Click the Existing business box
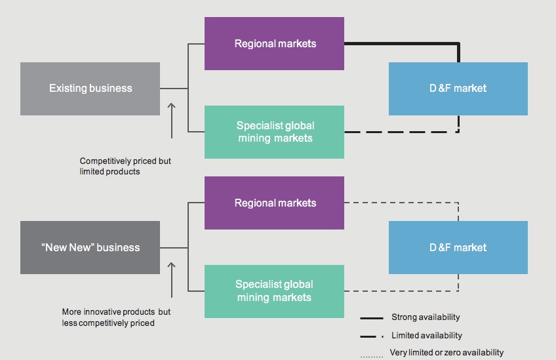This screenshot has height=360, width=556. pyautogui.click(x=90, y=89)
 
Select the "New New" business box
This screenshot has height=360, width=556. pyautogui.click(x=90, y=247)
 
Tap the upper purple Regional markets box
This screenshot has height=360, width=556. pyautogui.click(x=274, y=44)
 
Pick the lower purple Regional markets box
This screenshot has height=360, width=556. pyautogui.click(x=274, y=203)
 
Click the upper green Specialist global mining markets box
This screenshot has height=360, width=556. pyautogui.click(x=274, y=132)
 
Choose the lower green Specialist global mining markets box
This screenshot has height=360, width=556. pyautogui.click(x=274, y=290)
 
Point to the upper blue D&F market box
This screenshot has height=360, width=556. pyautogui.click(x=458, y=89)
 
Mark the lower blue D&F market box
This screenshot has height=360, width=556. pyautogui.click(x=458, y=247)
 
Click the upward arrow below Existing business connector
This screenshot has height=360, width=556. pyautogui.click(x=172, y=119)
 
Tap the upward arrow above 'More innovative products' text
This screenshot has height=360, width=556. pyautogui.click(x=172, y=279)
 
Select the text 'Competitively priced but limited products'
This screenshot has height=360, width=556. pyautogui.click(x=125, y=166)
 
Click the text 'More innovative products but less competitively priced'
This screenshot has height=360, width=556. pyautogui.click(x=116, y=317)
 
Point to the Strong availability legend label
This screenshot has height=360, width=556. pyautogui.click(x=426, y=317)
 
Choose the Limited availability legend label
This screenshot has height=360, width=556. pyautogui.click(x=426, y=336)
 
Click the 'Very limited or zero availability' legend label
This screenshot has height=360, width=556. pyautogui.click(x=447, y=353)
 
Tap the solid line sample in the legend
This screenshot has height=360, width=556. pyautogui.click(x=372, y=318)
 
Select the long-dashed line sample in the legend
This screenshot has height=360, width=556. pyautogui.click(x=372, y=336)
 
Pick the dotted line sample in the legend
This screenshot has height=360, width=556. pyautogui.click(x=372, y=356)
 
